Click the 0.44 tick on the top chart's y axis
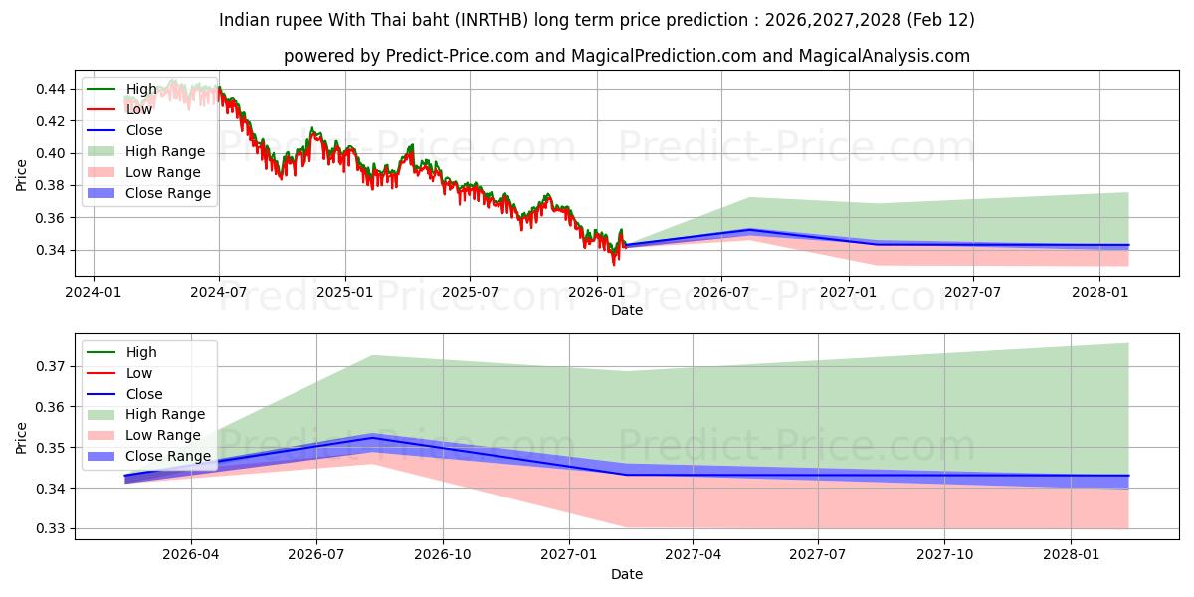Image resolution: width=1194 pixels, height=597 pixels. (52, 89)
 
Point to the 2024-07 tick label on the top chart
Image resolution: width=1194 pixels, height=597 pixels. (219, 293)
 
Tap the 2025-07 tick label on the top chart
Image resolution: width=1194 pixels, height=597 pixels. (470, 293)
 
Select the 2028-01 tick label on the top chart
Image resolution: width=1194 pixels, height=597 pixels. (1099, 293)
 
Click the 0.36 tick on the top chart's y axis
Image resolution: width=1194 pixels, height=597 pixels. (52, 218)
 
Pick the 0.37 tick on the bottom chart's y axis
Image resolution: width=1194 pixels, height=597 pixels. (52, 366)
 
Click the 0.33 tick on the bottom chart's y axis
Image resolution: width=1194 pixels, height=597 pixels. (52, 529)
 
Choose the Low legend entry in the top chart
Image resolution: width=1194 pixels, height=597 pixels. (139, 109)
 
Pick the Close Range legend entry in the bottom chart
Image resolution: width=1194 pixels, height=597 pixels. (168, 456)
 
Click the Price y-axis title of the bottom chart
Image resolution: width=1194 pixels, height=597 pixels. (22, 437)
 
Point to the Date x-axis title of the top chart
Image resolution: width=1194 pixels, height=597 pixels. (627, 310)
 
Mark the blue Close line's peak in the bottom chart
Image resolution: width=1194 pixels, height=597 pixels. (371, 437)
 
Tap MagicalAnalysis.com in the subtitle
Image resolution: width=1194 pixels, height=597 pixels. (887, 56)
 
